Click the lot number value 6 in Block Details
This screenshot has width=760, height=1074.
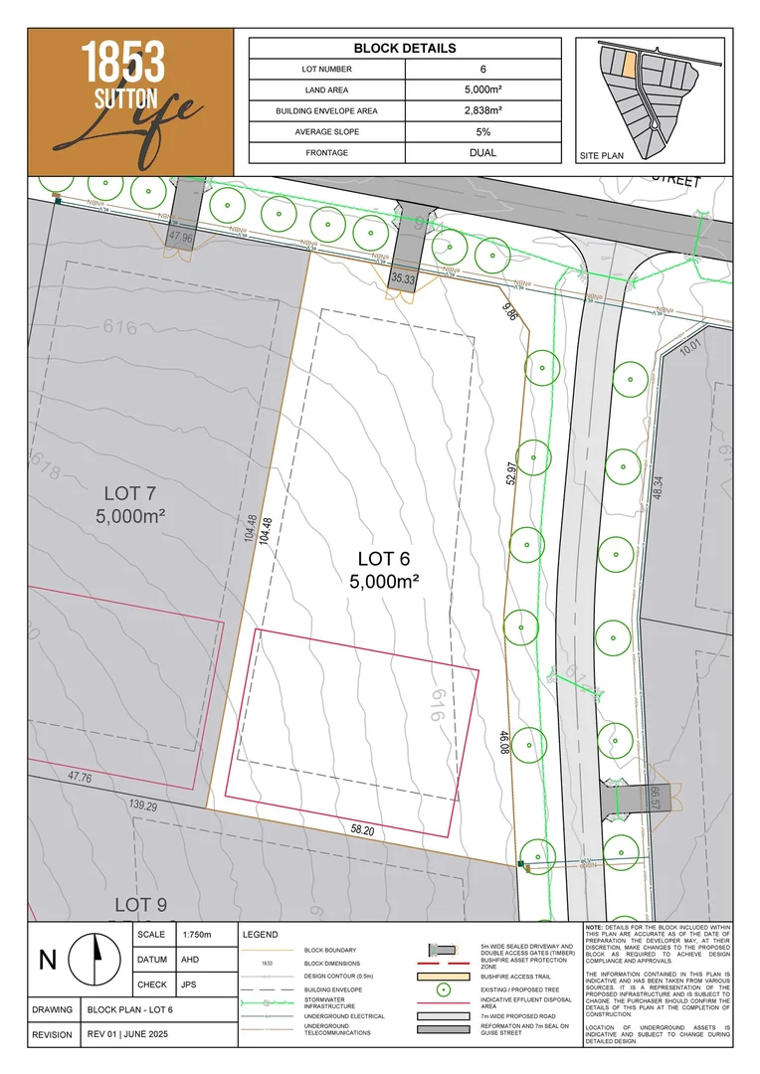(482, 70)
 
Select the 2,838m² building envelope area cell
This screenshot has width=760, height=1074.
(482, 111)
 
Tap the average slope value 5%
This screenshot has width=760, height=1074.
(482, 132)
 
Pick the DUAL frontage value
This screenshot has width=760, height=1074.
(482, 153)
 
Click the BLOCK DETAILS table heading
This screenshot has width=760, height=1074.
(404, 48)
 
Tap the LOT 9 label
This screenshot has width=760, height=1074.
(140, 904)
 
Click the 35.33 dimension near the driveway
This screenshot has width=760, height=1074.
(403, 279)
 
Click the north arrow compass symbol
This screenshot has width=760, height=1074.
(97, 959)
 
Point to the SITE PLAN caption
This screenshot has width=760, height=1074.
(601, 156)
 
